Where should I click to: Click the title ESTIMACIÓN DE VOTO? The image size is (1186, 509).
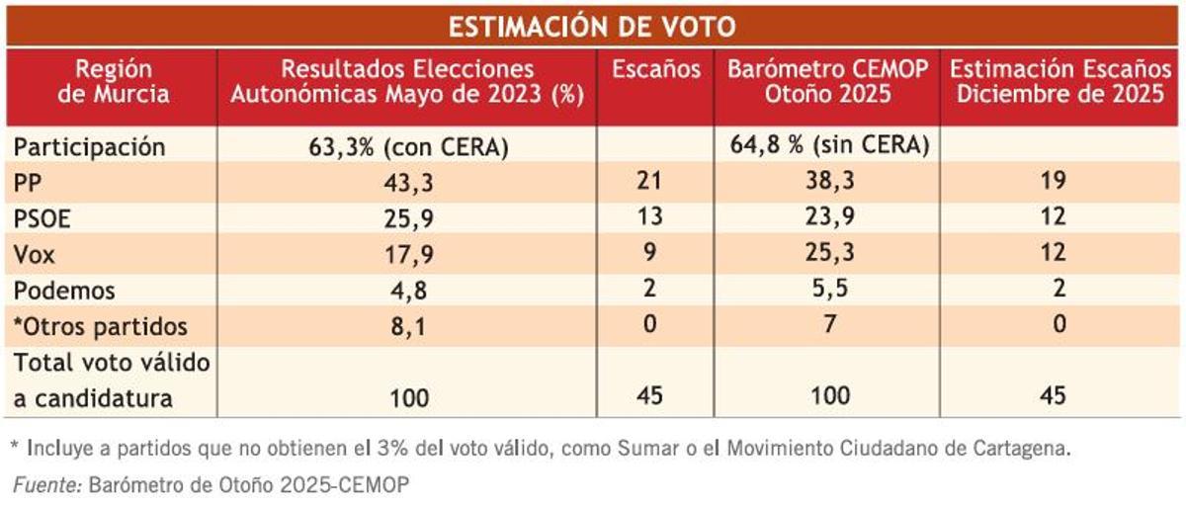pos(593,26)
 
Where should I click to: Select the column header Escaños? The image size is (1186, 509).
pos(656,70)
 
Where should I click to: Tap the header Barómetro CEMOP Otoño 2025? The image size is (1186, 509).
pos(829,83)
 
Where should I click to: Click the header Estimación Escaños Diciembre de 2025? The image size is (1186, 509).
pos(1059,83)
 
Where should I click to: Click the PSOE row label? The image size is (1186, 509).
pos(41,218)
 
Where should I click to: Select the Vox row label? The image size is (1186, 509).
pos(34,255)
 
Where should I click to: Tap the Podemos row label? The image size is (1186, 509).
pos(64,291)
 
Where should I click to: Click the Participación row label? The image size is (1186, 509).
pos(88,147)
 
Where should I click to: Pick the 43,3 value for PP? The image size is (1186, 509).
pos(408,183)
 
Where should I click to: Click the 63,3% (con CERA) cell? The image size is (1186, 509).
pos(408,147)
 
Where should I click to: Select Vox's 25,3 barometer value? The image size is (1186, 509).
pos(829,255)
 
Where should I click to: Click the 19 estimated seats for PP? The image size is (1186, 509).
pos(1059,183)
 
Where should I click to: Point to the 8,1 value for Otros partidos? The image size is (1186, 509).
pos(408,326)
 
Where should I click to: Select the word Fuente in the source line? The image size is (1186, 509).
pos(45,485)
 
